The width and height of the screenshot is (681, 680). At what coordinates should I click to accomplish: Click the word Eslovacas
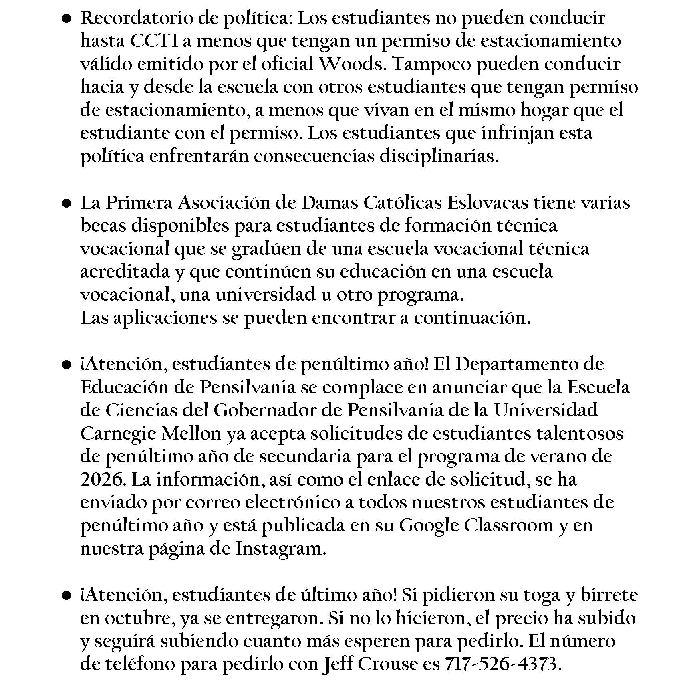click(488, 203)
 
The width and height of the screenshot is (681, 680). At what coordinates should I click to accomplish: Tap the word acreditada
click(125, 272)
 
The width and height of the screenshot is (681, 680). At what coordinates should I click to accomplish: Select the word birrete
click(608, 595)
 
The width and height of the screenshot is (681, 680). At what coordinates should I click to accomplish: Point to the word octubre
click(139, 618)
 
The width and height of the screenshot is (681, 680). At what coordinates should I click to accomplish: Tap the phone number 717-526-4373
click(501, 664)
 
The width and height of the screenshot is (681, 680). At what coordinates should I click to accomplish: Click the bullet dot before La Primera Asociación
click(67, 204)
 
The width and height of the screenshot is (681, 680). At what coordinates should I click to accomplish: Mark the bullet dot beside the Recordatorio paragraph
click(67, 19)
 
